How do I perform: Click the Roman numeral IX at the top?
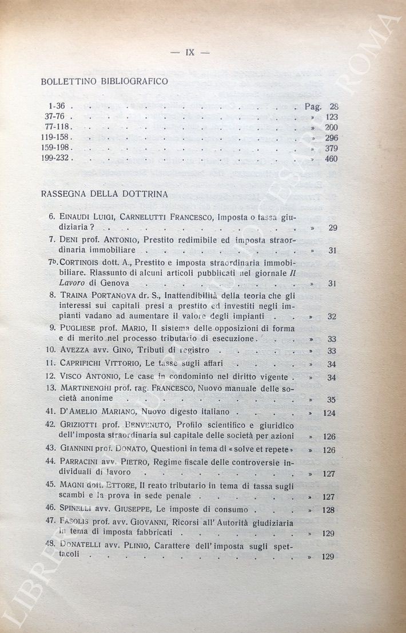click(190, 52)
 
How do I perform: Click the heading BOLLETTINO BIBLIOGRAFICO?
click(105, 82)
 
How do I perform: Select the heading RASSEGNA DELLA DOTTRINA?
click(104, 194)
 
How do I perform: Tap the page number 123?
click(331, 117)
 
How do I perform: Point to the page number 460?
click(331, 159)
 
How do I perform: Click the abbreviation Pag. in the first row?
click(313, 106)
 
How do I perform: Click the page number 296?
click(331, 138)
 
